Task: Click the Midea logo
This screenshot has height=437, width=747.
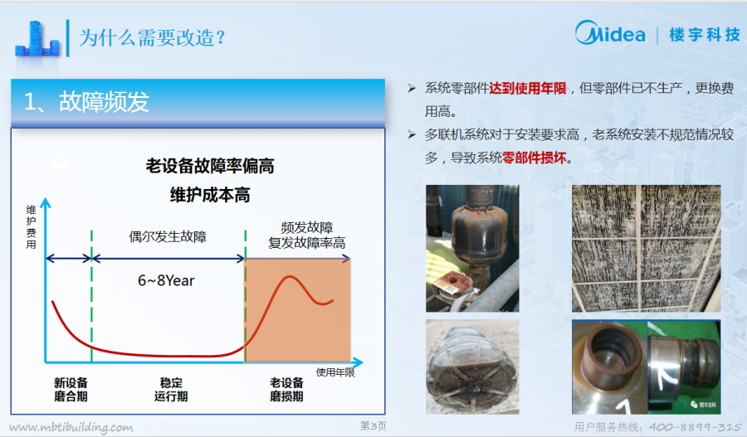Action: (x=610, y=33)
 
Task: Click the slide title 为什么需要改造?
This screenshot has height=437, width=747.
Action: (x=152, y=37)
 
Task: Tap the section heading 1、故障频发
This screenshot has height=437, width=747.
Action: (x=86, y=101)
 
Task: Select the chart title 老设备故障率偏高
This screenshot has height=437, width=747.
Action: (x=210, y=166)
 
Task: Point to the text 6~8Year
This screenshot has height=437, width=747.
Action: (x=166, y=280)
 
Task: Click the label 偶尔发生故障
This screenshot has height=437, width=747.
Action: (x=168, y=236)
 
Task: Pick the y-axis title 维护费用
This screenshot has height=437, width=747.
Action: (x=32, y=227)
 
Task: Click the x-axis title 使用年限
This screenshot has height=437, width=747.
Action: (x=335, y=372)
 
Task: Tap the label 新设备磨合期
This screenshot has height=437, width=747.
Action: (x=71, y=390)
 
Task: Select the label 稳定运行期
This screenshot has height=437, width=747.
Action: (x=171, y=390)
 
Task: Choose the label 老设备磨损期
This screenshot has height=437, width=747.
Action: (x=286, y=390)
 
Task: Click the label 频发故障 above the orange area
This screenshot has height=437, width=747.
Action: (x=307, y=227)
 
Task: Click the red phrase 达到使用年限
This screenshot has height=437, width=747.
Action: (x=528, y=88)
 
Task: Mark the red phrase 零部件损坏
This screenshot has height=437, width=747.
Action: (x=534, y=158)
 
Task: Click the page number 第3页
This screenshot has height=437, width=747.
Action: (x=373, y=425)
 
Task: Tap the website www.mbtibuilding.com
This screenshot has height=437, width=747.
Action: (x=71, y=427)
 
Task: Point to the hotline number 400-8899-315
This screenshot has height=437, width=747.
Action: (x=695, y=427)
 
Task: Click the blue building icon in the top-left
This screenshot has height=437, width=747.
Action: (x=37, y=40)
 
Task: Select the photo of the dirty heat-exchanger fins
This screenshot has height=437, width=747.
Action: (x=646, y=249)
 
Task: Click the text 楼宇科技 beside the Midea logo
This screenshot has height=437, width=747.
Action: (x=705, y=34)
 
